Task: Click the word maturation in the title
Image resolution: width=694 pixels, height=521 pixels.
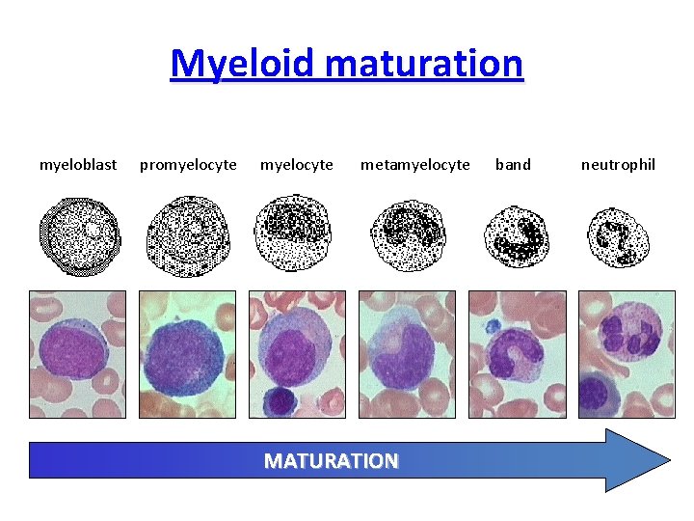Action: click(423, 64)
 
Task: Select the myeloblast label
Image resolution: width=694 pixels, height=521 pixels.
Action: click(78, 164)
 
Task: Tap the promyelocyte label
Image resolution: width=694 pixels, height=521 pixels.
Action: click(188, 164)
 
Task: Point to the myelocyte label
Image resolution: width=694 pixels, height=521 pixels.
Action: click(297, 164)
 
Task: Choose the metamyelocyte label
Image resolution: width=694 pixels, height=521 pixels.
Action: click(415, 164)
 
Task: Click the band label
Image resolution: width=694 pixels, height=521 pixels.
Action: click(513, 164)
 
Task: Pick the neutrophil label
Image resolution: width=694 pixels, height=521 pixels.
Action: click(618, 164)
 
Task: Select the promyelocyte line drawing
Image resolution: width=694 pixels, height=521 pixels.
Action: click(189, 235)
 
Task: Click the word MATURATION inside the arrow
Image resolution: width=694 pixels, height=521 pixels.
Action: click(332, 460)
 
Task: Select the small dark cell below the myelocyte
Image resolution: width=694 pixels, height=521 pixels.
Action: click(281, 399)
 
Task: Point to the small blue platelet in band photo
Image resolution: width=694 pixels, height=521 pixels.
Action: click(493, 327)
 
